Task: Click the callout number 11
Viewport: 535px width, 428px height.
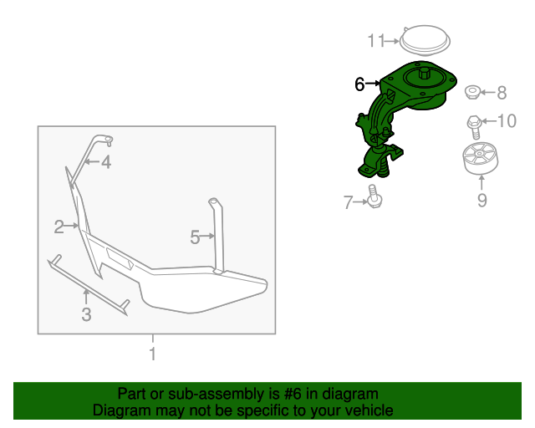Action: pyautogui.click(x=376, y=41)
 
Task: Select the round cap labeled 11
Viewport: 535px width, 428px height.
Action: pyautogui.click(x=425, y=39)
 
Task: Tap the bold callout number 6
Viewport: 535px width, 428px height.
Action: pyautogui.click(x=359, y=84)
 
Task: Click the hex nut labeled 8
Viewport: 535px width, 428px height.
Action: pyautogui.click(x=472, y=92)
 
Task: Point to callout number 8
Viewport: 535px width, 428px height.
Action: pyautogui.click(x=502, y=93)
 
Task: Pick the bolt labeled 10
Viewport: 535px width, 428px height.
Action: pyautogui.click(x=474, y=127)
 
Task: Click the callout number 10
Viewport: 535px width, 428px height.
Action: pyautogui.click(x=507, y=121)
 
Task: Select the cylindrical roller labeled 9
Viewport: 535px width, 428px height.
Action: pyautogui.click(x=480, y=159)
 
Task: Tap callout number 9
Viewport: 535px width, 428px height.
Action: pyautogui.click(x=481, y=200)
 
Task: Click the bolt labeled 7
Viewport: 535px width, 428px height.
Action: pyautogui.click(x=374, y=196)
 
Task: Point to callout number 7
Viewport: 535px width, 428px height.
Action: pyautogui.click(x=348, y=202)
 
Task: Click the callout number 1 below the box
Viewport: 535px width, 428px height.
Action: pyautogui.click(x=153, y=354)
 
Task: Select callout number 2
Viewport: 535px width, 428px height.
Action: pyautogui.click(x=59, y=227)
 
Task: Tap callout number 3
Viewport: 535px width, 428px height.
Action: pyautogui.click(x=86, y=314)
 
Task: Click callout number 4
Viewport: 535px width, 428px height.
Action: pyautogui.click(x=106, y=162)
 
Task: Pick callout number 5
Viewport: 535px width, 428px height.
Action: pyautogui.click(x=195, y=237)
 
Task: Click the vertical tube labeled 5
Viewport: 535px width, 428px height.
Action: pyautogui.click(x=217, y=237)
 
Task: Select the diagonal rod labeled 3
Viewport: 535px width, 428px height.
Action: pyautogui.click(x=88, y=284)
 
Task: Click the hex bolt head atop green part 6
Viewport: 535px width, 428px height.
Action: pyautogui.click(x=424, y=73)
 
